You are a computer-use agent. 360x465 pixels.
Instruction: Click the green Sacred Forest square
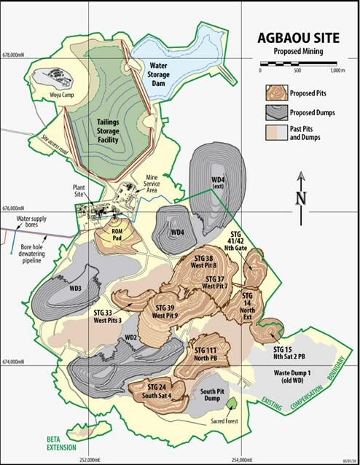[x=231, y=402]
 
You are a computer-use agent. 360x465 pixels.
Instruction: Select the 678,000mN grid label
[x=18, y=55]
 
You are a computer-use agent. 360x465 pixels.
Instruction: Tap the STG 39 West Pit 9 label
[x=169, y=311]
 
